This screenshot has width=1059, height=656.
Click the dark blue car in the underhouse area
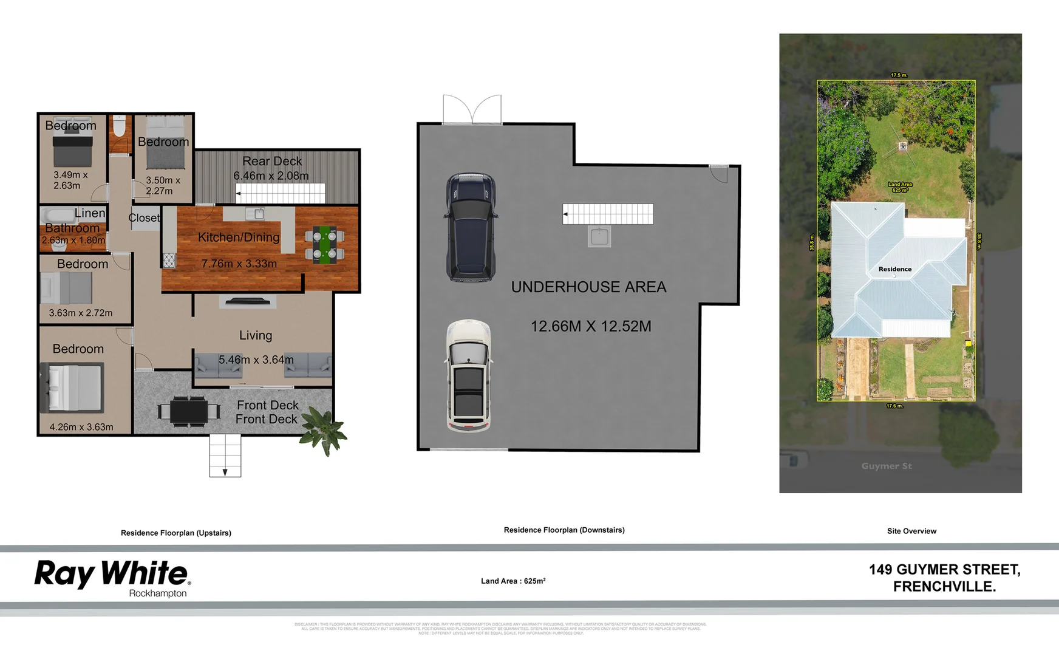coord(471,228)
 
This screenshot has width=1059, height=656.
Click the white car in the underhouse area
coord(468,376)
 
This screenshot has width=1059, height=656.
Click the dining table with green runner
coord(325,245)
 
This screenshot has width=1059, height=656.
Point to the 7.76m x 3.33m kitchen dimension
coord(239,264)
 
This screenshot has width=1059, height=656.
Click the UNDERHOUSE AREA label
coord(588,287)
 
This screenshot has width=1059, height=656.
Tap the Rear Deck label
coord(271,161)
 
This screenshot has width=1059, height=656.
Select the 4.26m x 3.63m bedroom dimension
coord(81,427)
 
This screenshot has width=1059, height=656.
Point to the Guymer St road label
coord(887,466)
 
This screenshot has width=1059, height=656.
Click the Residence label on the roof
coord(894,269)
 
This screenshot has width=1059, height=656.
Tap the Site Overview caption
coord(911,531)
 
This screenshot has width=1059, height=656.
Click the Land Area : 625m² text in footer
coord(513,581)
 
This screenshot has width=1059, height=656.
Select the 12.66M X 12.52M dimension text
coord(591,326)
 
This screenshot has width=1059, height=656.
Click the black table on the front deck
coord(189,411)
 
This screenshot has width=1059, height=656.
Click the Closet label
coord(144,217)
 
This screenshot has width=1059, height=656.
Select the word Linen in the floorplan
coord(90,213)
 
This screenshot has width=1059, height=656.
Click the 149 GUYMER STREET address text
coord(944,570)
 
